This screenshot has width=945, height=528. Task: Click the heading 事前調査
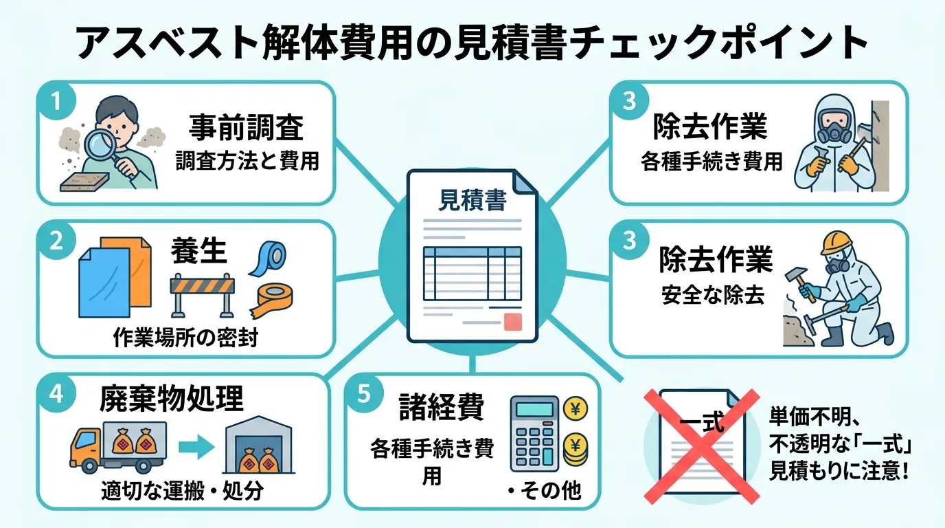(245, 129)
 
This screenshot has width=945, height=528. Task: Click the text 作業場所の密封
(185, 338)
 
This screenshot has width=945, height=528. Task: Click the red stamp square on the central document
(513, 322)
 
